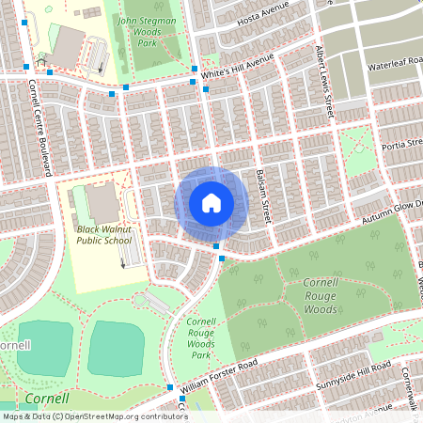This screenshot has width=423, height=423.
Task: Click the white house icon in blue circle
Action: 211,202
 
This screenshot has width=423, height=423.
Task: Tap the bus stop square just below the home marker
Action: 217,246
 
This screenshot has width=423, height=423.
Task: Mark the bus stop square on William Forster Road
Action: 169,387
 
